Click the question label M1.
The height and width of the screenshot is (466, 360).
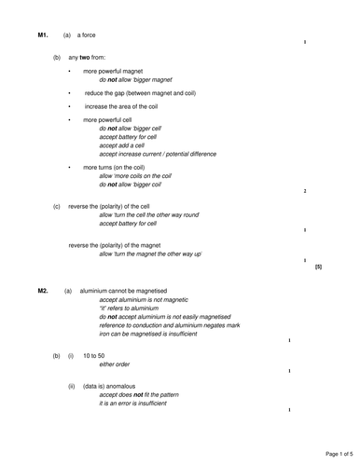pos(42,35)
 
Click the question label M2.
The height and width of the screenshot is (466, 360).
pos(43,291)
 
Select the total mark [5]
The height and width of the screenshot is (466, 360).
pos(318,267)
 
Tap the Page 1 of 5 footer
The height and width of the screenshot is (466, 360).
pos(332,453)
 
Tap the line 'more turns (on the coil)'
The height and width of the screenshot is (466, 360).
pos(117,167)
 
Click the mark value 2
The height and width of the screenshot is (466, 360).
pos(305,191)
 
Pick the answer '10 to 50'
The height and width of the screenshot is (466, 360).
pos(94,356)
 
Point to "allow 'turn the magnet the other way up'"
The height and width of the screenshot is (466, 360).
pos(150,254)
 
